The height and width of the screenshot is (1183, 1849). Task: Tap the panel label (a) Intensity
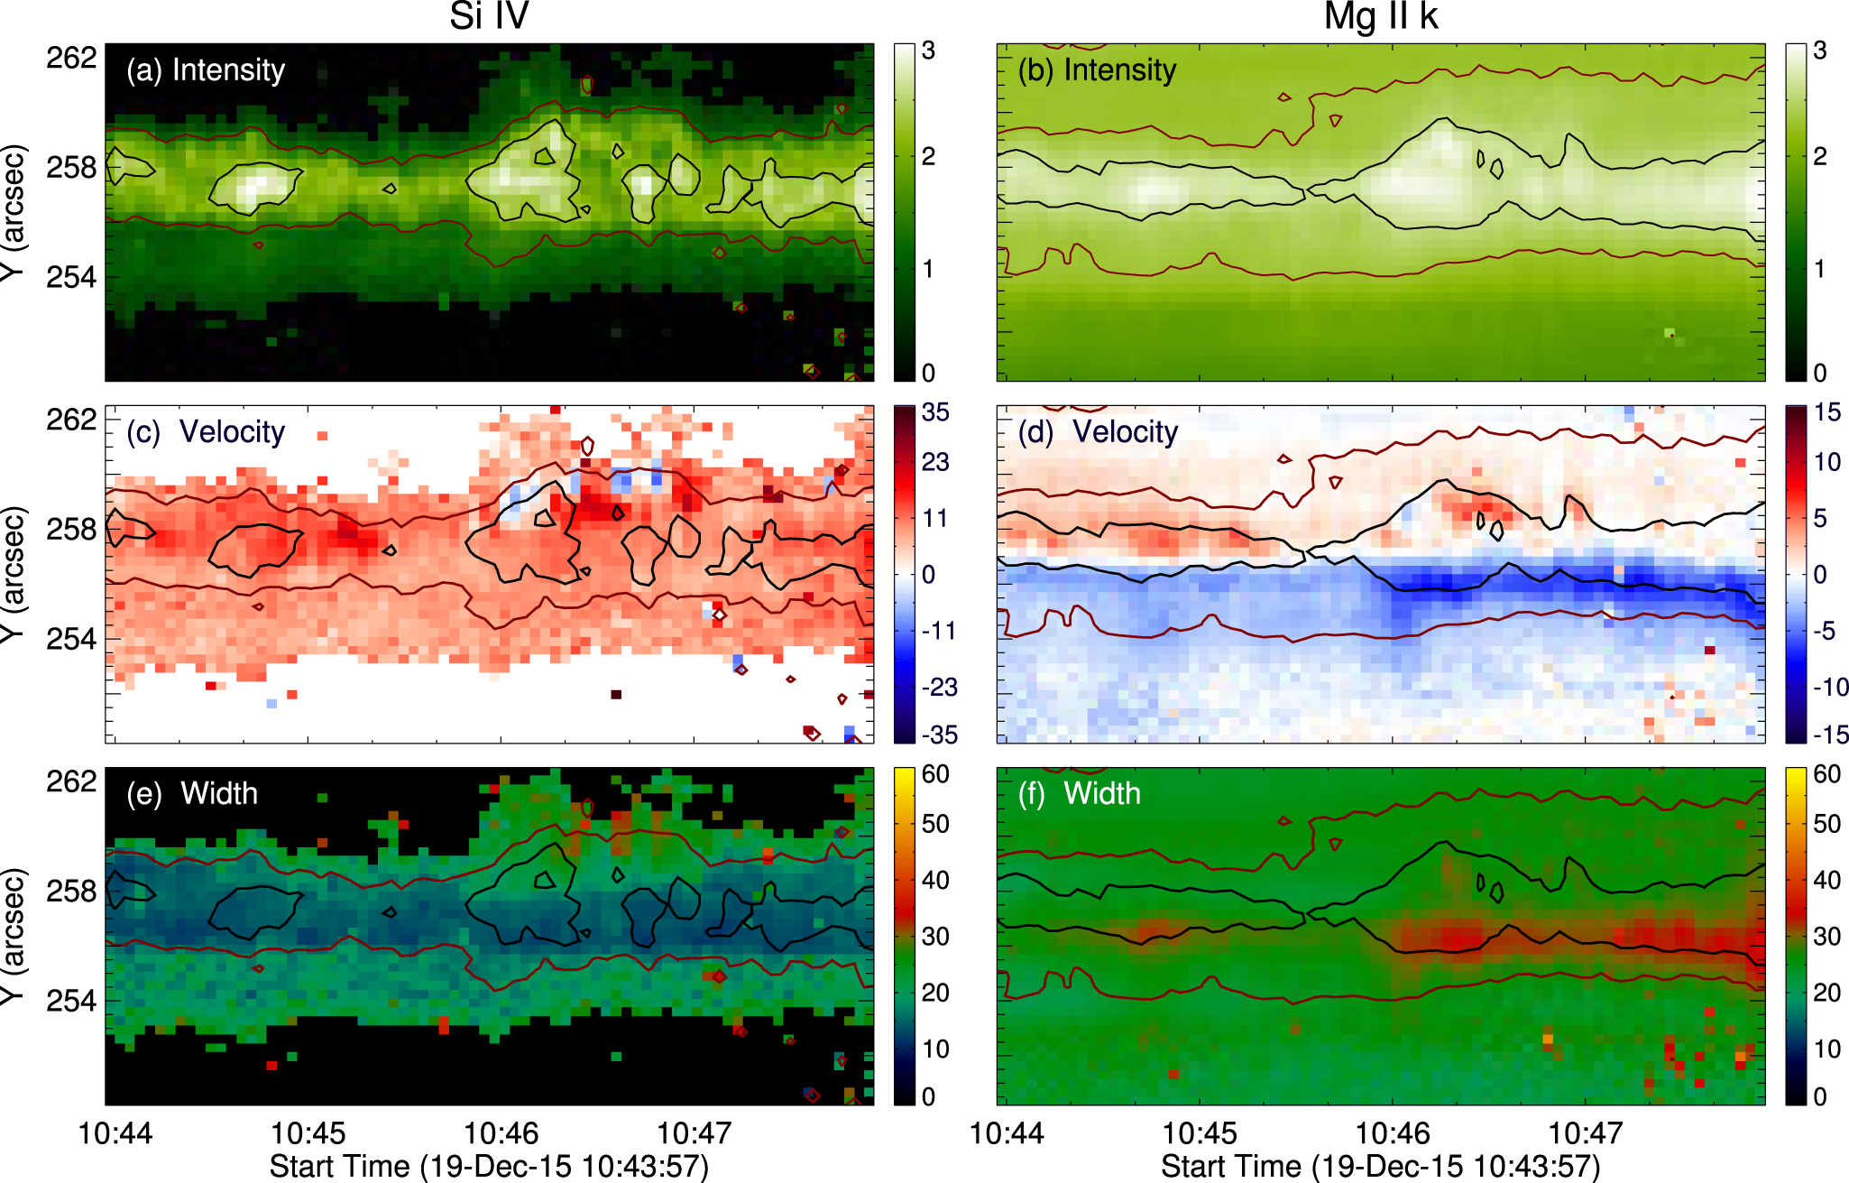206,70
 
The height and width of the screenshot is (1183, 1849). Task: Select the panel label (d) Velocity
1098,432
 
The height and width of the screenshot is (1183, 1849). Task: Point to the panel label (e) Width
192,794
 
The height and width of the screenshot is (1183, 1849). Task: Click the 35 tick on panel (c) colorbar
935,412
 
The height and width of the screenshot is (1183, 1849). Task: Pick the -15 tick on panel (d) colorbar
1830,735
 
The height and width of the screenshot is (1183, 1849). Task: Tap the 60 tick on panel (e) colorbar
935,774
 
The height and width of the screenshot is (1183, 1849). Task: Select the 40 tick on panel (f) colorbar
1827,880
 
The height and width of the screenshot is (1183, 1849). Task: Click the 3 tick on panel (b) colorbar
1819,51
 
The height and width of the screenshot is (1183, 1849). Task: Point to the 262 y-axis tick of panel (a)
71,58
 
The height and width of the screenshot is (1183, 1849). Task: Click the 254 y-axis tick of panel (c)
71,639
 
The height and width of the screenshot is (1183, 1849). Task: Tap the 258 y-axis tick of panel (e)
71,891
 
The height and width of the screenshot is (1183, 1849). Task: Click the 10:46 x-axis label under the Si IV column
501,1133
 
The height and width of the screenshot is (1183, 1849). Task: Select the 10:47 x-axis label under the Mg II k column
1586,1133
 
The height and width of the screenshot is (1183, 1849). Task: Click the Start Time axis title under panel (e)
489,1166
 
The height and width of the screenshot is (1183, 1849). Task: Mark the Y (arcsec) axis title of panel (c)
13,574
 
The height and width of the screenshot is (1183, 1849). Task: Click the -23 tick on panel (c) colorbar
939,687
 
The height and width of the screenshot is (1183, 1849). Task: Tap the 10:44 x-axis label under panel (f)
1007,1133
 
